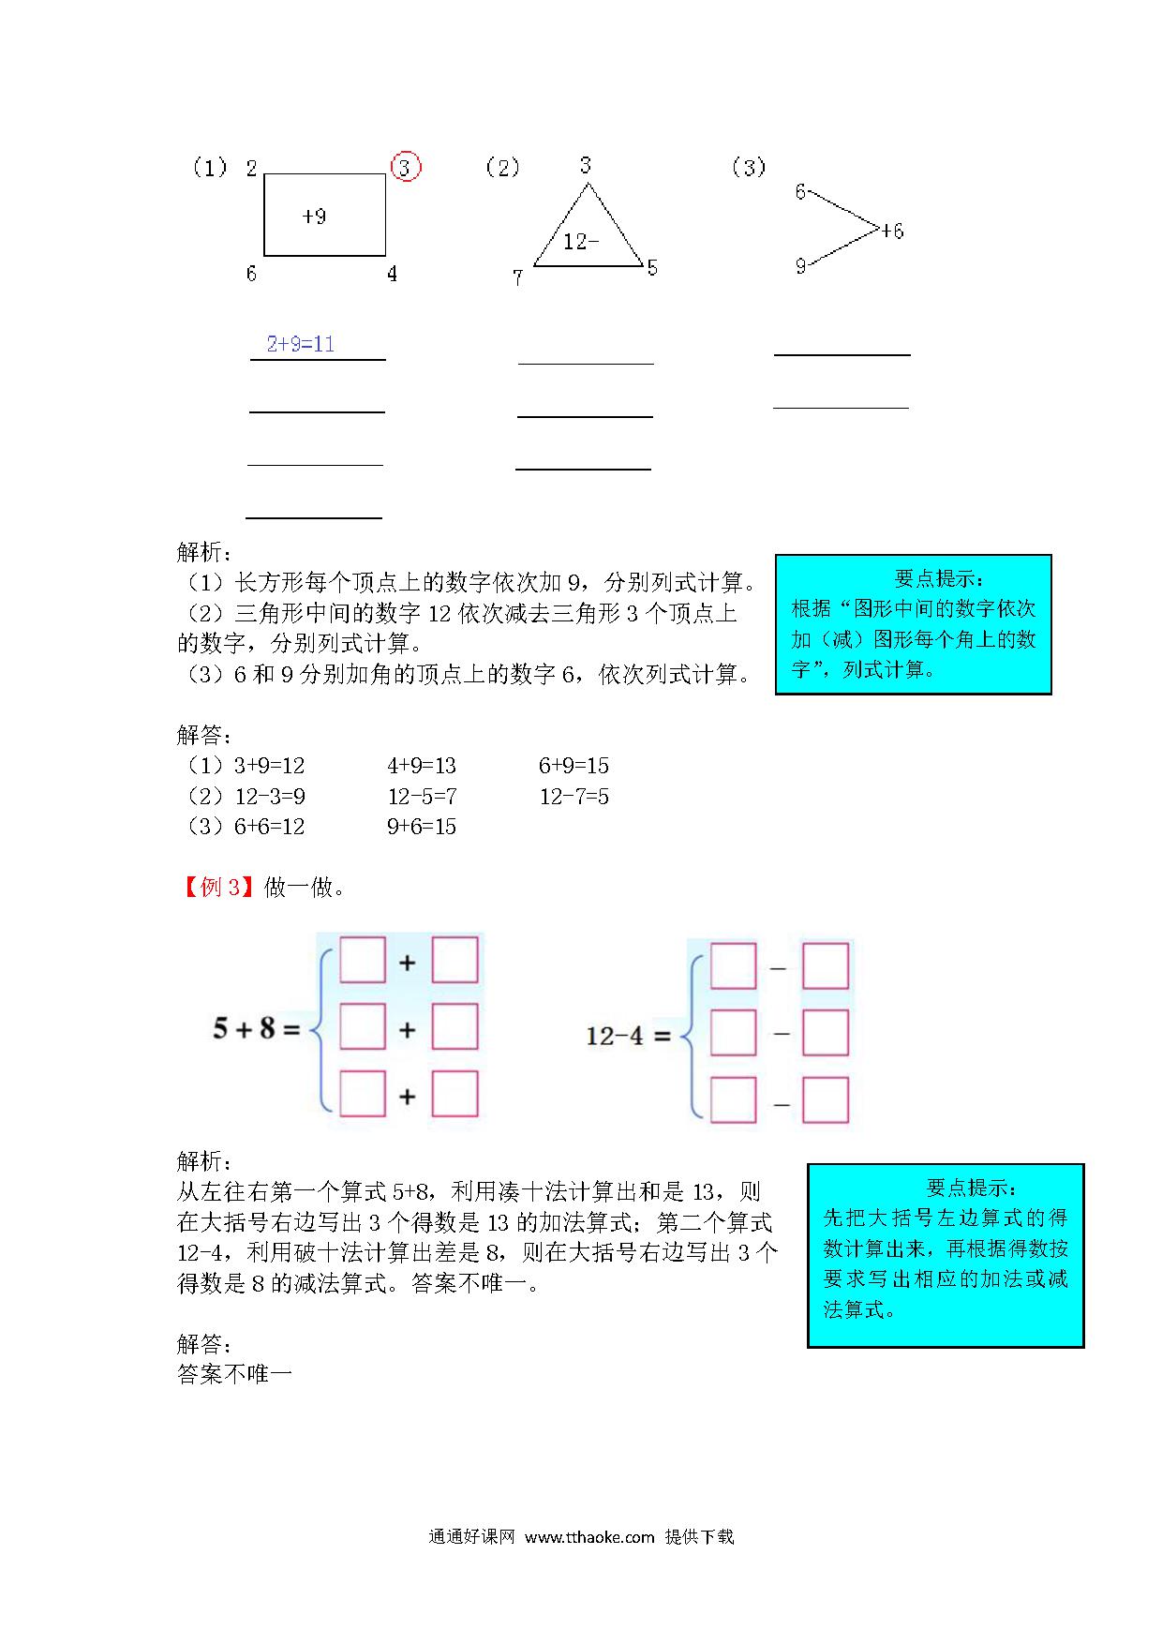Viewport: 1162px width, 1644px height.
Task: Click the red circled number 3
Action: pos(405,167)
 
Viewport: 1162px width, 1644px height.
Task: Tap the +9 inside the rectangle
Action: pos(315,217)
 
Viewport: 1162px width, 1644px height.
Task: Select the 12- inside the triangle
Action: pos(581,242)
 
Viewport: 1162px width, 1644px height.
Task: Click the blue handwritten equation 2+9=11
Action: pos(300,344)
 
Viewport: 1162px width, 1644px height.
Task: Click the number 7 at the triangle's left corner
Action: pos(517,277)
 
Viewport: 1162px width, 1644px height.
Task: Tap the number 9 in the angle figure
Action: pos(801,266)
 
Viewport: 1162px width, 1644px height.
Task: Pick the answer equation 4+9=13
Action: pos(422,766)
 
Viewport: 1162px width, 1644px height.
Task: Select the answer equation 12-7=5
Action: pos(574,797)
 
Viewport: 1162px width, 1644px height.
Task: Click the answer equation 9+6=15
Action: pos(422,827)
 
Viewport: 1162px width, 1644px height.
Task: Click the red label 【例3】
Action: pos(216,887)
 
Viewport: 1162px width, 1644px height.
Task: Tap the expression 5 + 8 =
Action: pos(256,1029)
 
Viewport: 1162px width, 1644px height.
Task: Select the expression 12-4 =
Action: pos(629,1036)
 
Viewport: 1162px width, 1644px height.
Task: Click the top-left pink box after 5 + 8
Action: pos(363,960)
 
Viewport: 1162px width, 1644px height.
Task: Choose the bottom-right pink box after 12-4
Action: pos(826,1100)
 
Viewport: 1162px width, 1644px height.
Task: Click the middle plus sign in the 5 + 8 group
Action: pos(408,1030)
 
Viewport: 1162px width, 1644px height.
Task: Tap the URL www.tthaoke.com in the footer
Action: pos(589,1536)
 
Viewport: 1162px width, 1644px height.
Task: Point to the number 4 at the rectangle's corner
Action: pos(392,274)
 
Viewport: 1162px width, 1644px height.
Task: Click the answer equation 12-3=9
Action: pos(270,797)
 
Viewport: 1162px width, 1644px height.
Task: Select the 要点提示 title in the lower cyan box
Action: pos(971,1188)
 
